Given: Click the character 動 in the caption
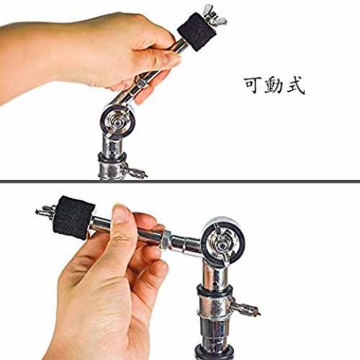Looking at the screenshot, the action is click(x=274, y=85).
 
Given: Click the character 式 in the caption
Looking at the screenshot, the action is click(x=296, y=86).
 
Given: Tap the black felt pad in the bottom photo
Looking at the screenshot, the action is click(x=73, y=217).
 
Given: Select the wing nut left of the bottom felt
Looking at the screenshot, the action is click(x=45, y=211).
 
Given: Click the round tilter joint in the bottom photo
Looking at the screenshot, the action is click(x=223, y=241).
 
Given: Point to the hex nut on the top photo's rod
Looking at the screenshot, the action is click(x=142, y=82).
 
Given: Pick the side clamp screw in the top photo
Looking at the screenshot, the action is click(x=135, y=170).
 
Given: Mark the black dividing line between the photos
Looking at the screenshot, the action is click(x=180, y=181).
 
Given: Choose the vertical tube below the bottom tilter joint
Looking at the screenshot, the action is click(x=214, y=274).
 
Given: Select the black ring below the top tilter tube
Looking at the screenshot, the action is click(x=112, y=156).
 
